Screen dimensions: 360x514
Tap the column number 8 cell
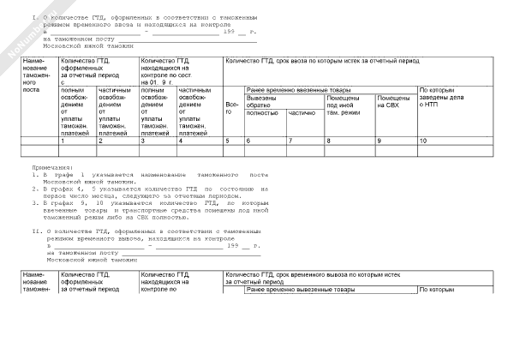(328, 140)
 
